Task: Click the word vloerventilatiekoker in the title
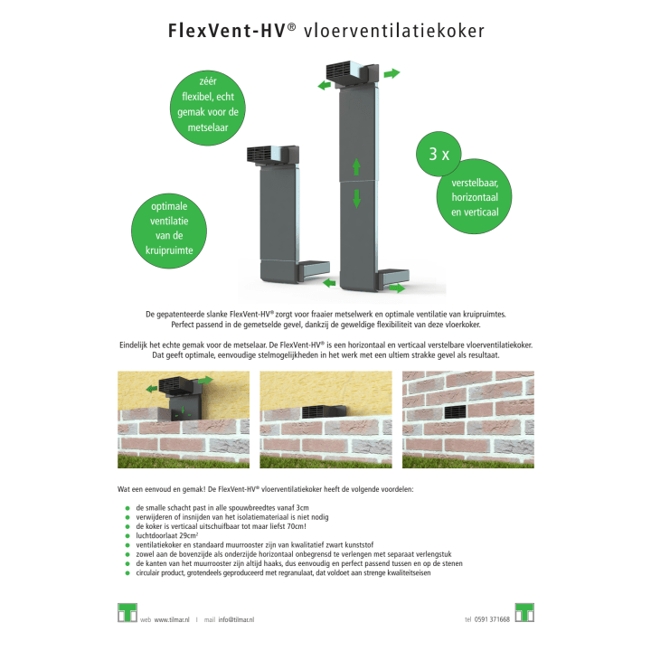click(x=394, y=31)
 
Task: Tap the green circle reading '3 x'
click(x=439, y=154)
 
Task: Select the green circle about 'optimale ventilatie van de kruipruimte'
click(x=169, y=229)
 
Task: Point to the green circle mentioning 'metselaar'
click(x=208, y=108)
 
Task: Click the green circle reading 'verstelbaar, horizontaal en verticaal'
click(x=474, y=196)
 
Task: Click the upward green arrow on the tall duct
click(x=356, y=167)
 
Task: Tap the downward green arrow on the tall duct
click(x=356, y=198)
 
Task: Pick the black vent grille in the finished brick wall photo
click(x=456, y=412)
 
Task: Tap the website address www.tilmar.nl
click(x=172, y=619)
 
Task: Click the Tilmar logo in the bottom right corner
click(x=524, y=613)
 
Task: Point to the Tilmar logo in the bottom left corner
click(x=127, y=613)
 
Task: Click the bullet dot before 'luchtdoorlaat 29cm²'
click(x=127, y=535)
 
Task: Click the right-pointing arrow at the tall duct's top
click(x=392, y=73)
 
